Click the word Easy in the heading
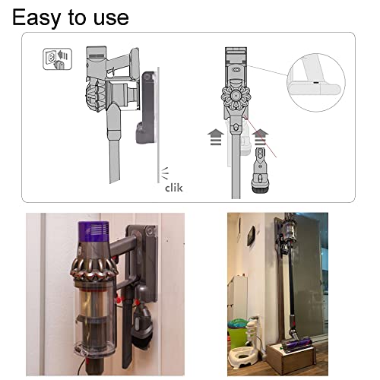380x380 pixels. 36,17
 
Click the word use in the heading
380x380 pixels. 111,18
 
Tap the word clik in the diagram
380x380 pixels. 174,188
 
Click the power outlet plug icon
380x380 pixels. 58,59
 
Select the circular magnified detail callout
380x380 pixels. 316,82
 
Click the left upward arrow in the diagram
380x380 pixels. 216,137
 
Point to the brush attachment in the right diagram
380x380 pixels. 259,170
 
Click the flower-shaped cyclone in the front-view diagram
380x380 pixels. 236,97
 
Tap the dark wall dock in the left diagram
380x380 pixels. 147,107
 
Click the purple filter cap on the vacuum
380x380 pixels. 93,230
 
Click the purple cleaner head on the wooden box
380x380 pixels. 296,344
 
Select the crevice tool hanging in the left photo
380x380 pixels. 128,332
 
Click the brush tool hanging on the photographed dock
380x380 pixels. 143,321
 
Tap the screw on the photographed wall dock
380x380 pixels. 150,231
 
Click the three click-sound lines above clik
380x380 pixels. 165,173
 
